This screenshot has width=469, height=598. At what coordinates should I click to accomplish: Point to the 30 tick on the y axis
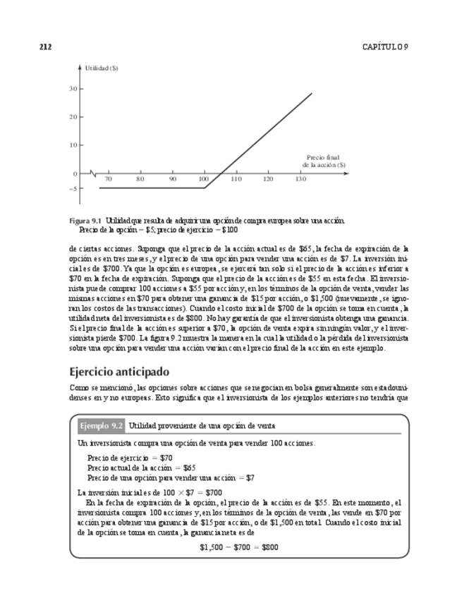[x=73, y=89]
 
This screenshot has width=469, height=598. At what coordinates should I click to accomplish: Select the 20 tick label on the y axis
[x=73, y=117]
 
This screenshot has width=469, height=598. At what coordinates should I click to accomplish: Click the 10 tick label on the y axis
[x=73, y=145]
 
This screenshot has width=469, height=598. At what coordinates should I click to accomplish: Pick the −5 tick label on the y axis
[x=73, y=188]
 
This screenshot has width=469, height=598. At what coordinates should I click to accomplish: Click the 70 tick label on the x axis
[x=108, y=180]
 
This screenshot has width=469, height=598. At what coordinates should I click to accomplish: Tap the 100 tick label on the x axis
[x=204, y=180]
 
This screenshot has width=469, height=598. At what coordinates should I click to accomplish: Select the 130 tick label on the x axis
[x=300, y=180]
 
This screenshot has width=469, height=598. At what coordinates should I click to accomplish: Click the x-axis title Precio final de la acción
[x=324, y=161]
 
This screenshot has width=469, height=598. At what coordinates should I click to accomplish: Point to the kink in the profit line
[x=205, y=188]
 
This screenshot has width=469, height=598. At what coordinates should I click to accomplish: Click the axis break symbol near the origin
[x=92, y=173]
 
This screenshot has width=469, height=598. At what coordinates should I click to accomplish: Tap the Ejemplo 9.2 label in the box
[x=102, y=426]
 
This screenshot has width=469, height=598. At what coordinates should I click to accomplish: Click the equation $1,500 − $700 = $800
[x=238, y=547]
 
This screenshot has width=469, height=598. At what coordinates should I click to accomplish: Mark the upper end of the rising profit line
[x=312, y=93]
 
